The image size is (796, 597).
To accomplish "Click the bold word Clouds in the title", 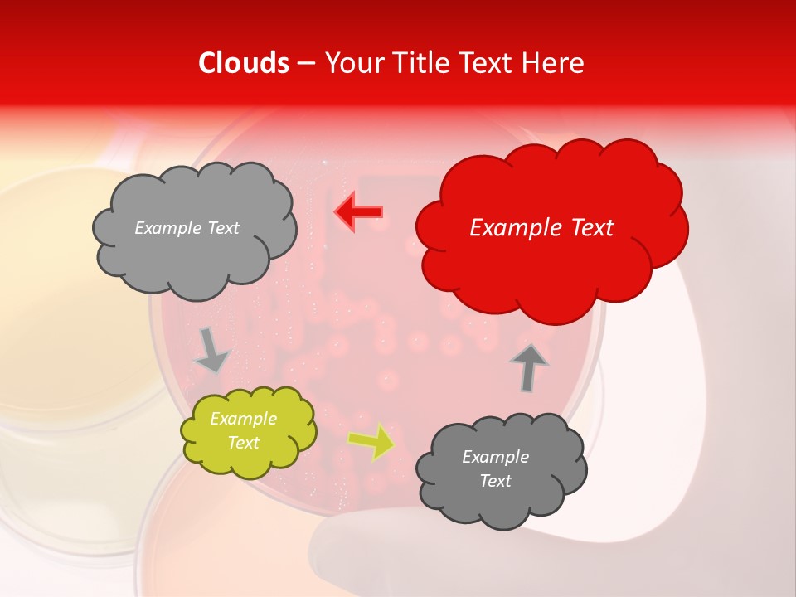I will pos(244,63).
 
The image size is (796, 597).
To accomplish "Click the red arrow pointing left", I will pos(359,212).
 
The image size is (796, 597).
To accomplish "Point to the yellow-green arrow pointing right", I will pos(371,440).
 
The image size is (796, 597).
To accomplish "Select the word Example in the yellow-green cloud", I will pos(244,420).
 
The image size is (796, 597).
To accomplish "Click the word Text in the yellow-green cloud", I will pos(243,443).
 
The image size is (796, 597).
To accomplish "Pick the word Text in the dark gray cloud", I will pos(495,481).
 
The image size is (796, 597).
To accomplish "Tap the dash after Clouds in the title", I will pos(305,63).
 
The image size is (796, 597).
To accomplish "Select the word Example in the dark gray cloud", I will pos(495,457).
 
